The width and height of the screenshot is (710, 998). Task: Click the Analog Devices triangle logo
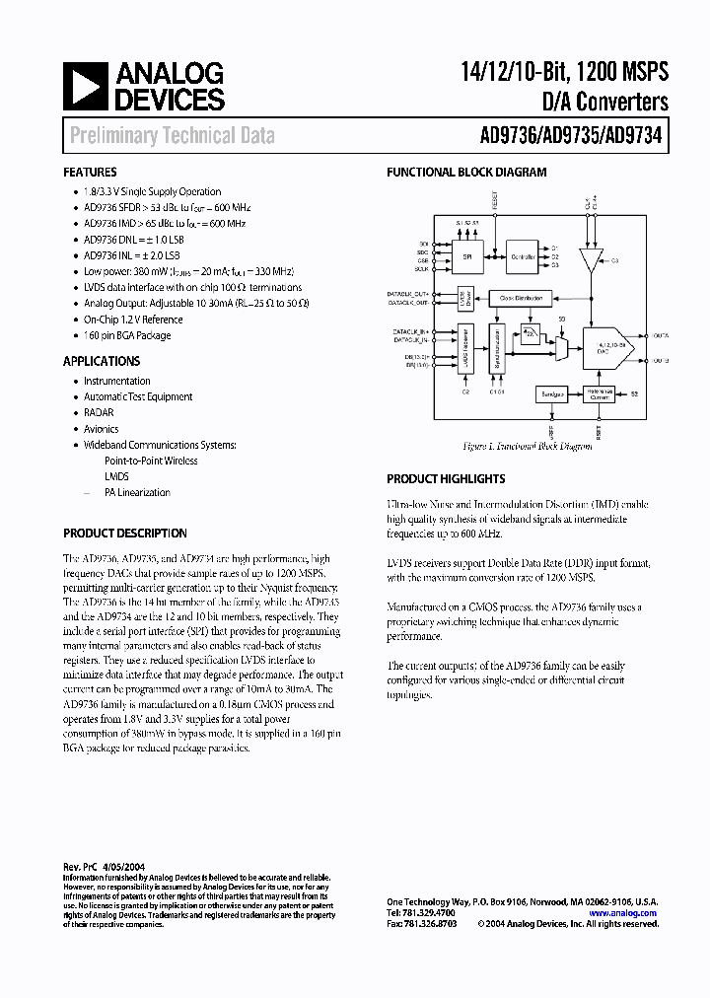(x=84, y=85)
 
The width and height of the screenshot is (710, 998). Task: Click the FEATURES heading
(x=90, y=173)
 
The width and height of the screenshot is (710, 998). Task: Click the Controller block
(x=523, y=258)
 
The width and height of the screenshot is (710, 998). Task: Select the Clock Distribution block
(x=520, y=297)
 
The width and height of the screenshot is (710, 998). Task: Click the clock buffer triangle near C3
(x=591, y=260)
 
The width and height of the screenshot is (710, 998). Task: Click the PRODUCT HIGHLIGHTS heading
(x=446, y=479)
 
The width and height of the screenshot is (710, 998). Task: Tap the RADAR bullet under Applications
(x=99, y=413)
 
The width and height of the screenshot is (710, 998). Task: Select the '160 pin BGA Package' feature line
(x=127, y=335)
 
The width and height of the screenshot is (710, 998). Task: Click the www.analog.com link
(x=623, y=914)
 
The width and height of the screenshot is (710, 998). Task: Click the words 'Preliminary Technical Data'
(x=173, y=136)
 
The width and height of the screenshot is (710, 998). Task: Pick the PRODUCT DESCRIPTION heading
(x=125, y=534)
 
